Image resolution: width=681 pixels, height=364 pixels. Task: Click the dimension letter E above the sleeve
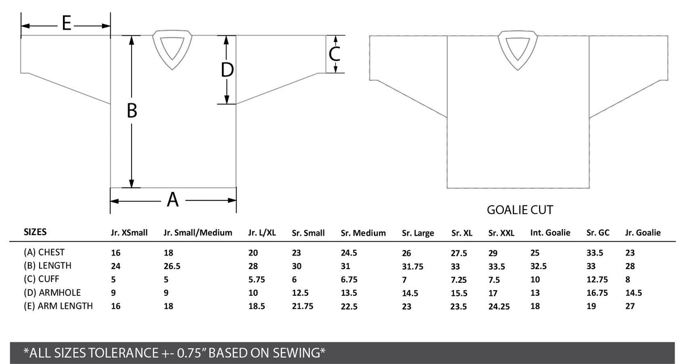tap(66, 23)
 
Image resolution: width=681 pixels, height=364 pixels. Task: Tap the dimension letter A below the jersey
tap(173, 200)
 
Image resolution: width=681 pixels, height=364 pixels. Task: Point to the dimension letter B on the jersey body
tap(132, 110)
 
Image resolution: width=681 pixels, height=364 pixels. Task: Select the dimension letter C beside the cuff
tap(334, 54)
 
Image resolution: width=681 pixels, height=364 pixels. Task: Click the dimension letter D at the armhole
tap(227, 70)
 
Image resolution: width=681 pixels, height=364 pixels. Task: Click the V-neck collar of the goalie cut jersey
tap(518, 50)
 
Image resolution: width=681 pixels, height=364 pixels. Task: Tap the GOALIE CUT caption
tap(520, 210)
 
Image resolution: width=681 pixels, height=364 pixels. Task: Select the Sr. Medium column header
tap(363, 233)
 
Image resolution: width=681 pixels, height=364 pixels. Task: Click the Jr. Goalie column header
tap(642, 233)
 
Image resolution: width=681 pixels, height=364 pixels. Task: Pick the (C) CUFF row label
tap(41, 279)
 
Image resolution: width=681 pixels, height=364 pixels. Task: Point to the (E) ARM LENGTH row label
tap(58, 306)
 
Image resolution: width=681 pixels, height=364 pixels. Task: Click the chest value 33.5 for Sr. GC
tap(595, 253)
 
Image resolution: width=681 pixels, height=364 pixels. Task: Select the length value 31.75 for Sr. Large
tap(413, 266)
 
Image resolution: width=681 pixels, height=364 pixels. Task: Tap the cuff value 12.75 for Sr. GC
tap(597, 279)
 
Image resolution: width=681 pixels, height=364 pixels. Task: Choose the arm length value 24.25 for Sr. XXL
tap(499, 306)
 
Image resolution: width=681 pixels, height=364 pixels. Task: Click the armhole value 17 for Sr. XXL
tap(493, 293)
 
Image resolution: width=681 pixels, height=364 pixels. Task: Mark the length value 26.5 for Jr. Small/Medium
tap(172, 266)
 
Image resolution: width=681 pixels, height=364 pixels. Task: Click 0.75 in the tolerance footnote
tap(190, 353)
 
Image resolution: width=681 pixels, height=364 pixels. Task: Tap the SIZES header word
tap(35, 232)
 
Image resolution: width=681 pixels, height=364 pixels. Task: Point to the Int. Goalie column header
tap(550, 233)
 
